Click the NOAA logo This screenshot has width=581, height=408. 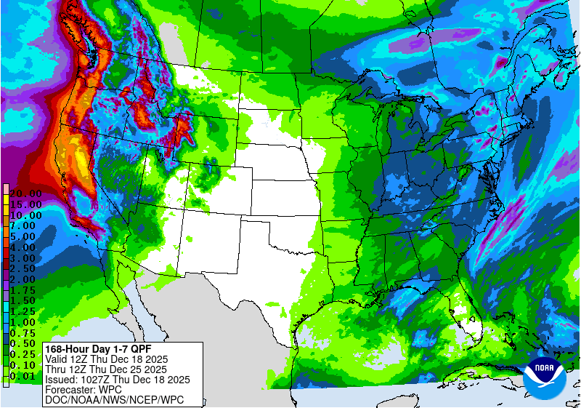pos(546,376)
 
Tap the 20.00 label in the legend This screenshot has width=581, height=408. pos(25,193)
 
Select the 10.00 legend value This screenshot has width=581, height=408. pos(25,215)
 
